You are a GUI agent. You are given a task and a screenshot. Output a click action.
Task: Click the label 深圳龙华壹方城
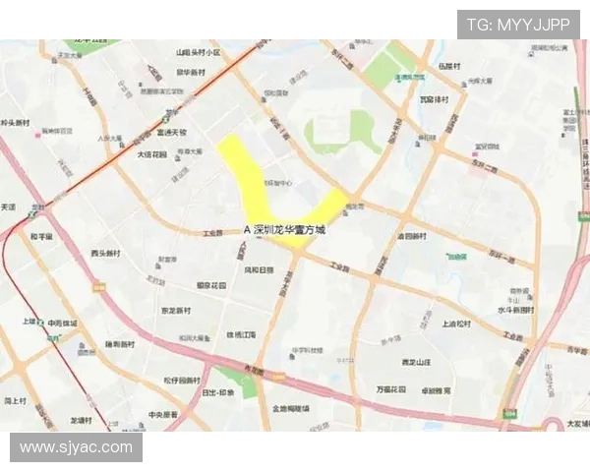tap(289, 229)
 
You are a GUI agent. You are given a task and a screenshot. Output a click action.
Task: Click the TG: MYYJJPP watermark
tap(517, 25)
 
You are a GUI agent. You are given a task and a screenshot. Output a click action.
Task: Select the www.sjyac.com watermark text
tap(76, 447)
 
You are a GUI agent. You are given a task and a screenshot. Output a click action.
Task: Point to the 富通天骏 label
tap(171, 132)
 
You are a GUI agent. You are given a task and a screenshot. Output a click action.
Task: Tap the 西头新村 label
tap(105, 253)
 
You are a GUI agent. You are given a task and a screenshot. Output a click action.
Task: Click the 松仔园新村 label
tap(182, 380)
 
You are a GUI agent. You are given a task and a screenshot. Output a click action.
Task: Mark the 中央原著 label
tap(163, 415)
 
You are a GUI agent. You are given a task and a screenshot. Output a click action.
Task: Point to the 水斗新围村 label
tap(516, 310)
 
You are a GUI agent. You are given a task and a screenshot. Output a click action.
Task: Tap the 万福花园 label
tap(391, 389)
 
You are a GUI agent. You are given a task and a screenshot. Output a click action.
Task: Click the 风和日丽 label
tap(259, 269)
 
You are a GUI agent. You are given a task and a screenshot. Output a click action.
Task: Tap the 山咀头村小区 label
tap(198, 52)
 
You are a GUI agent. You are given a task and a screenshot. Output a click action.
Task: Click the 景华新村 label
tap(191, 73)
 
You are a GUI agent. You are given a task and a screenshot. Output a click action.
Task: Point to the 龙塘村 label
tap(81, 421)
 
